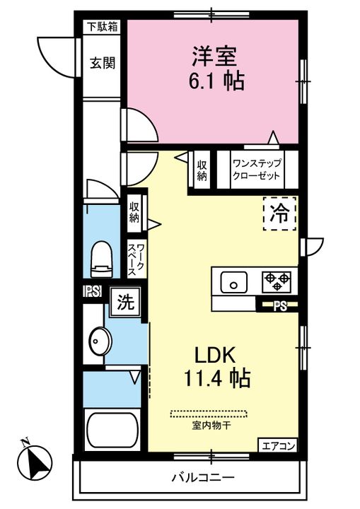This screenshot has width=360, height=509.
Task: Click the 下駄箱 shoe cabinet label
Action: pyautogui.click(x=103, y=27)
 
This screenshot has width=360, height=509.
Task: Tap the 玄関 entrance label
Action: pyautogui.click(x=103, y=63)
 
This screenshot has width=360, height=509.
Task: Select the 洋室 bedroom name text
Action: pyautogui.click(x=214, y=56)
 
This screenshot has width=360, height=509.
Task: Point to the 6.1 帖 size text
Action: pyautogui.click(x=216, y=81)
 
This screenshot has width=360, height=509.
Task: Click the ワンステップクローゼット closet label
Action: pyautogui.click(x=256, y=170)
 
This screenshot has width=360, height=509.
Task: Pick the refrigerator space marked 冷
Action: pyautogui.click(x=280, y=213)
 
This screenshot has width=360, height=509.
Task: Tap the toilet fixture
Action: pyautogui.click(x=101, y=259)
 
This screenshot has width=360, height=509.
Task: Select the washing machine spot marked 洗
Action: pyautogui.click(x=126, y=302)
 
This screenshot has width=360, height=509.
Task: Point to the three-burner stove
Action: pyautogui.click(x=277, y=281)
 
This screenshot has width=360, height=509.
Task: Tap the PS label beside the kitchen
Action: pyautogui.click(x=280, y=306)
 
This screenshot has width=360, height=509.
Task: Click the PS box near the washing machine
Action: pyautogui.click(x=93, y=291)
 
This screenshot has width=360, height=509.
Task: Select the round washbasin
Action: pyautogui.click(x=100, y=341)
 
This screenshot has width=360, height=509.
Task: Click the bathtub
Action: pyautogui.click(x=112, y=430)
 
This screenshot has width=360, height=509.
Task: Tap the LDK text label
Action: pyautogui.click(x=215, y=355)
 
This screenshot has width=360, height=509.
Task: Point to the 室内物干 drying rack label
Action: pyautogui.click(x=211, y=425)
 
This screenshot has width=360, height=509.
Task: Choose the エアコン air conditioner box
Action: pyautogui.click(x=278, y=445)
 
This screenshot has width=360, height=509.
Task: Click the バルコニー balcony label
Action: pyautogui.click(x=203, y=477)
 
